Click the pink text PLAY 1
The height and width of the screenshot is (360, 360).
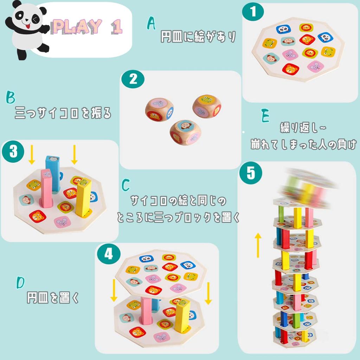[87, 27]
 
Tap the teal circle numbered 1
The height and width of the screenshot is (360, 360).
[253, 12]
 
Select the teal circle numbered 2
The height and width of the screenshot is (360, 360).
[132, 79]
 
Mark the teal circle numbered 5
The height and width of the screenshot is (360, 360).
[250, 174]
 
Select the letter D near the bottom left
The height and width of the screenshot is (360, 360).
[21, 283]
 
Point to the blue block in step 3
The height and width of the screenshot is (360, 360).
[53, 172]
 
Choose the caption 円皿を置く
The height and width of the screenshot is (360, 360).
[53, 298]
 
